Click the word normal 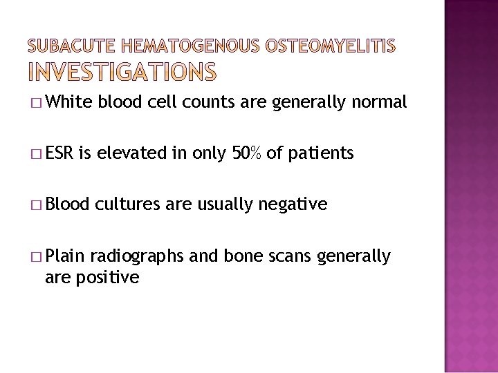379,103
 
